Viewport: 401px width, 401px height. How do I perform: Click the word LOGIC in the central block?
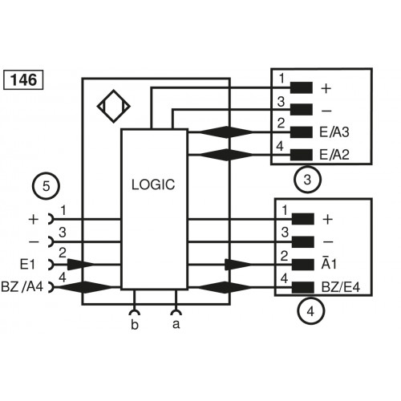(152, 184)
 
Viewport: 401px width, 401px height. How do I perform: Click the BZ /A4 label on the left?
(24, 286)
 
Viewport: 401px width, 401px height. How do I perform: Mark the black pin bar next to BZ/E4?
(302, 286)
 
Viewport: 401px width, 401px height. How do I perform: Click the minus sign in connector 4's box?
(326, 241)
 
